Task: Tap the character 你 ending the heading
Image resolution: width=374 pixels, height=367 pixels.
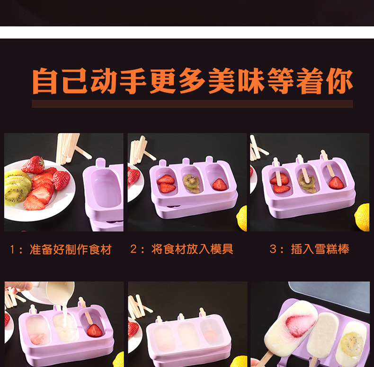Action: pyautogui.click(x=339, y=82)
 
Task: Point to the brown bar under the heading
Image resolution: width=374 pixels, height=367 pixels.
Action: pyautogui.click(x=192, y=104)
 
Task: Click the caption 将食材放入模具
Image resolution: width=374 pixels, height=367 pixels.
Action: pyautogui.click(x=192, y=249)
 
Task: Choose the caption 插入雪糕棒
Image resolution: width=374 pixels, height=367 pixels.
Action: pyautogui.click(x=320, y=249)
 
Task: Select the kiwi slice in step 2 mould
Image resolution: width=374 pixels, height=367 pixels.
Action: pyautogui.click(x=192, y=183)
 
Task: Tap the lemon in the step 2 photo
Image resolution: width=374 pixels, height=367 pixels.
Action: pyautogui.click(x=242, y=218)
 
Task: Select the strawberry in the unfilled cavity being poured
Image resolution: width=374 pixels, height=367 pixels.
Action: pyautogui.click(x=95, y=330)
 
